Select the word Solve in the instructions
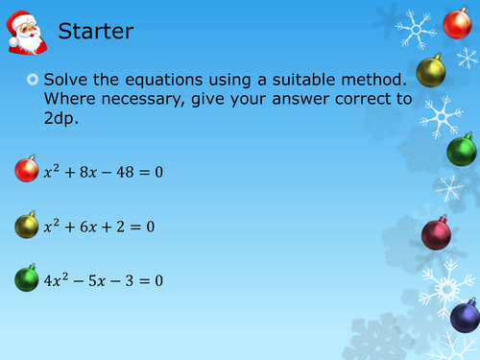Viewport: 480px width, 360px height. click(x=77, y=77)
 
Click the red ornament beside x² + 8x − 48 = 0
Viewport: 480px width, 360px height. click(x=26, y=172)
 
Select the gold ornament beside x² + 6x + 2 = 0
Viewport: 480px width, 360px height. click(x=26, y=227)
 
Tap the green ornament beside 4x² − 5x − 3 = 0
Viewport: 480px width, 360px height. click(x=26, y=280)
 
